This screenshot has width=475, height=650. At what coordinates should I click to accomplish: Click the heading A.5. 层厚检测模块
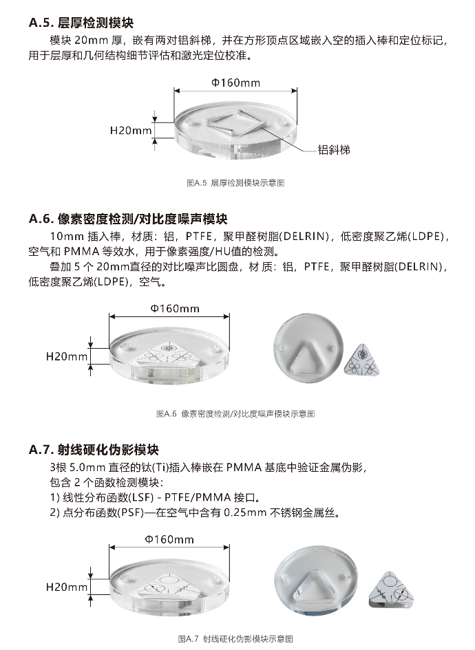tap(81, 23)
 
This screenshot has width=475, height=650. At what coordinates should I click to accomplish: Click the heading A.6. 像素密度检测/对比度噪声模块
tap(128, 219)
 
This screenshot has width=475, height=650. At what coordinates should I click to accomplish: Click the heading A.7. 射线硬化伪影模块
tap(94, 450)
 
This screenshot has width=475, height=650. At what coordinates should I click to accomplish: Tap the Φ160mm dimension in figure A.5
tap(235, 83)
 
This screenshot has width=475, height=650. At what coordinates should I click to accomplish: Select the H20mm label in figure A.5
tap(131, 130)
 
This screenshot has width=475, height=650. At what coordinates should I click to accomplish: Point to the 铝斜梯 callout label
tap(334, 150)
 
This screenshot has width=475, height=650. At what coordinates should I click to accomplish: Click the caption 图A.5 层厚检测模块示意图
tap(235, 183)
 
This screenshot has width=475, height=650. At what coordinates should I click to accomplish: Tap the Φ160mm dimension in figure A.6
tap(175, 309)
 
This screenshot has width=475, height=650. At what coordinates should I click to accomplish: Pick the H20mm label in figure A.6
tap(67, 356)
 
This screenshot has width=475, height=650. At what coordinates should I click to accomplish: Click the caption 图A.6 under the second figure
tap(235, 413)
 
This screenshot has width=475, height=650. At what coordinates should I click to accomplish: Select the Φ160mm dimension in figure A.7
tap(169, 539)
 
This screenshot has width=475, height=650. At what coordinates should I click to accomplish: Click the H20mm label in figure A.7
tap(67, 587)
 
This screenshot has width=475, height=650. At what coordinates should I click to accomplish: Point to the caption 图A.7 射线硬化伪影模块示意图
tap(235, 639)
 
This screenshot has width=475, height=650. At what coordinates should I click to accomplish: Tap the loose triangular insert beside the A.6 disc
tap(362, 359)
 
